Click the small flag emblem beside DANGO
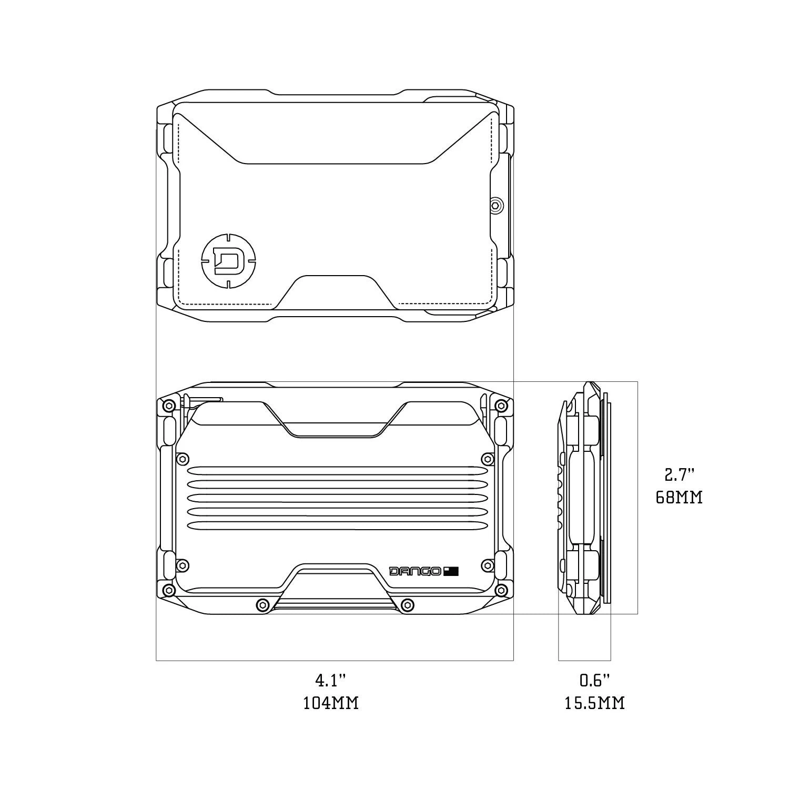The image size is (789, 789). [x=451, y=571]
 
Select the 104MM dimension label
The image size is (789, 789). [x=331, y=703]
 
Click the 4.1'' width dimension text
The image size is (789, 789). [x=331, y=681]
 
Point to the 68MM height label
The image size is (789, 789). [x=679, y=497]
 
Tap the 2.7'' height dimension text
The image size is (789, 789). [x=679, y=476]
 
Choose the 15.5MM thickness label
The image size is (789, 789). [x=595, y=703]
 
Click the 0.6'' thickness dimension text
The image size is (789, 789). [x=595, y=681]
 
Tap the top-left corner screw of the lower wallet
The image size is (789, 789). [x=169, y=406]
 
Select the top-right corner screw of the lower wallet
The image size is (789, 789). [x=501, y=406]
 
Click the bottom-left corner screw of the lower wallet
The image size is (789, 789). [x=169, y=590]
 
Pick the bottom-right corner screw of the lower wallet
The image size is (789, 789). [x=501, y=590]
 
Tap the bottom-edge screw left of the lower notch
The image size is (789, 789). [x=260, y=605]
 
